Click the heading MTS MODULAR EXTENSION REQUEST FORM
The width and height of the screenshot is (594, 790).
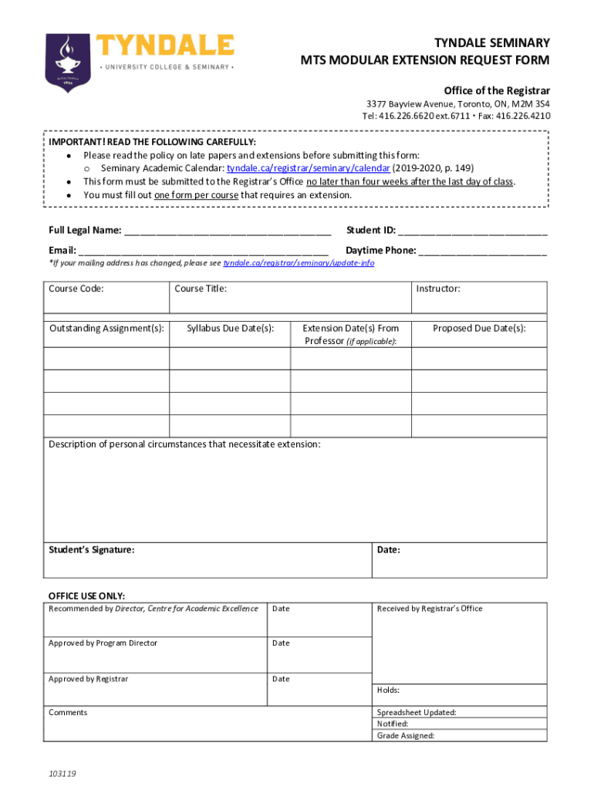pyautogui.click(x=425, y=60)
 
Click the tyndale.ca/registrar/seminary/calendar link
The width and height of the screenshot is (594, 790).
pyautogui.click(x=308, y=168)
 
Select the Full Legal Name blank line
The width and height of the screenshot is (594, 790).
pyautogui.click(x=228, y=231)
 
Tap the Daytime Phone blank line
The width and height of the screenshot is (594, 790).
pyautogui.click(x=483, y=251)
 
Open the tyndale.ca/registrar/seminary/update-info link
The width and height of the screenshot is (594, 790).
pyautogui.click(x=299, y=263)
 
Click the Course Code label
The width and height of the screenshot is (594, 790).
pyautogui.click(x=76, y=289)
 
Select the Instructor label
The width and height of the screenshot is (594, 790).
pyautogui.click(x=438, y=289)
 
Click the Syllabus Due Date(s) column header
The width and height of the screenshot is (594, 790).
pyautogui.click(x=231, y=329)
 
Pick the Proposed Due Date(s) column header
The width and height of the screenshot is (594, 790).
pyautogui.click(x=479, y=329)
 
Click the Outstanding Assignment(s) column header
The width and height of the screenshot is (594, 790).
pyautogui.click(x=106, y=329)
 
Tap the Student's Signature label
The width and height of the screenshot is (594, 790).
pyautogui.click(x=91, y=550)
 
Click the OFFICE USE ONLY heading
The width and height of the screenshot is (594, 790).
pyautogui.click(x=86, y=596)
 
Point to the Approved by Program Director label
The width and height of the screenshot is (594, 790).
pyautogui.click(x=103, y=643)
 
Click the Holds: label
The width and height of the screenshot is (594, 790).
pyautogui.click(x=388, y=690)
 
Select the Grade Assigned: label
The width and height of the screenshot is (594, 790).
pyautogui.click(x=406, y=736)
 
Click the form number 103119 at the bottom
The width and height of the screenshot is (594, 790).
pyautogui.click(x=62, y=773)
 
